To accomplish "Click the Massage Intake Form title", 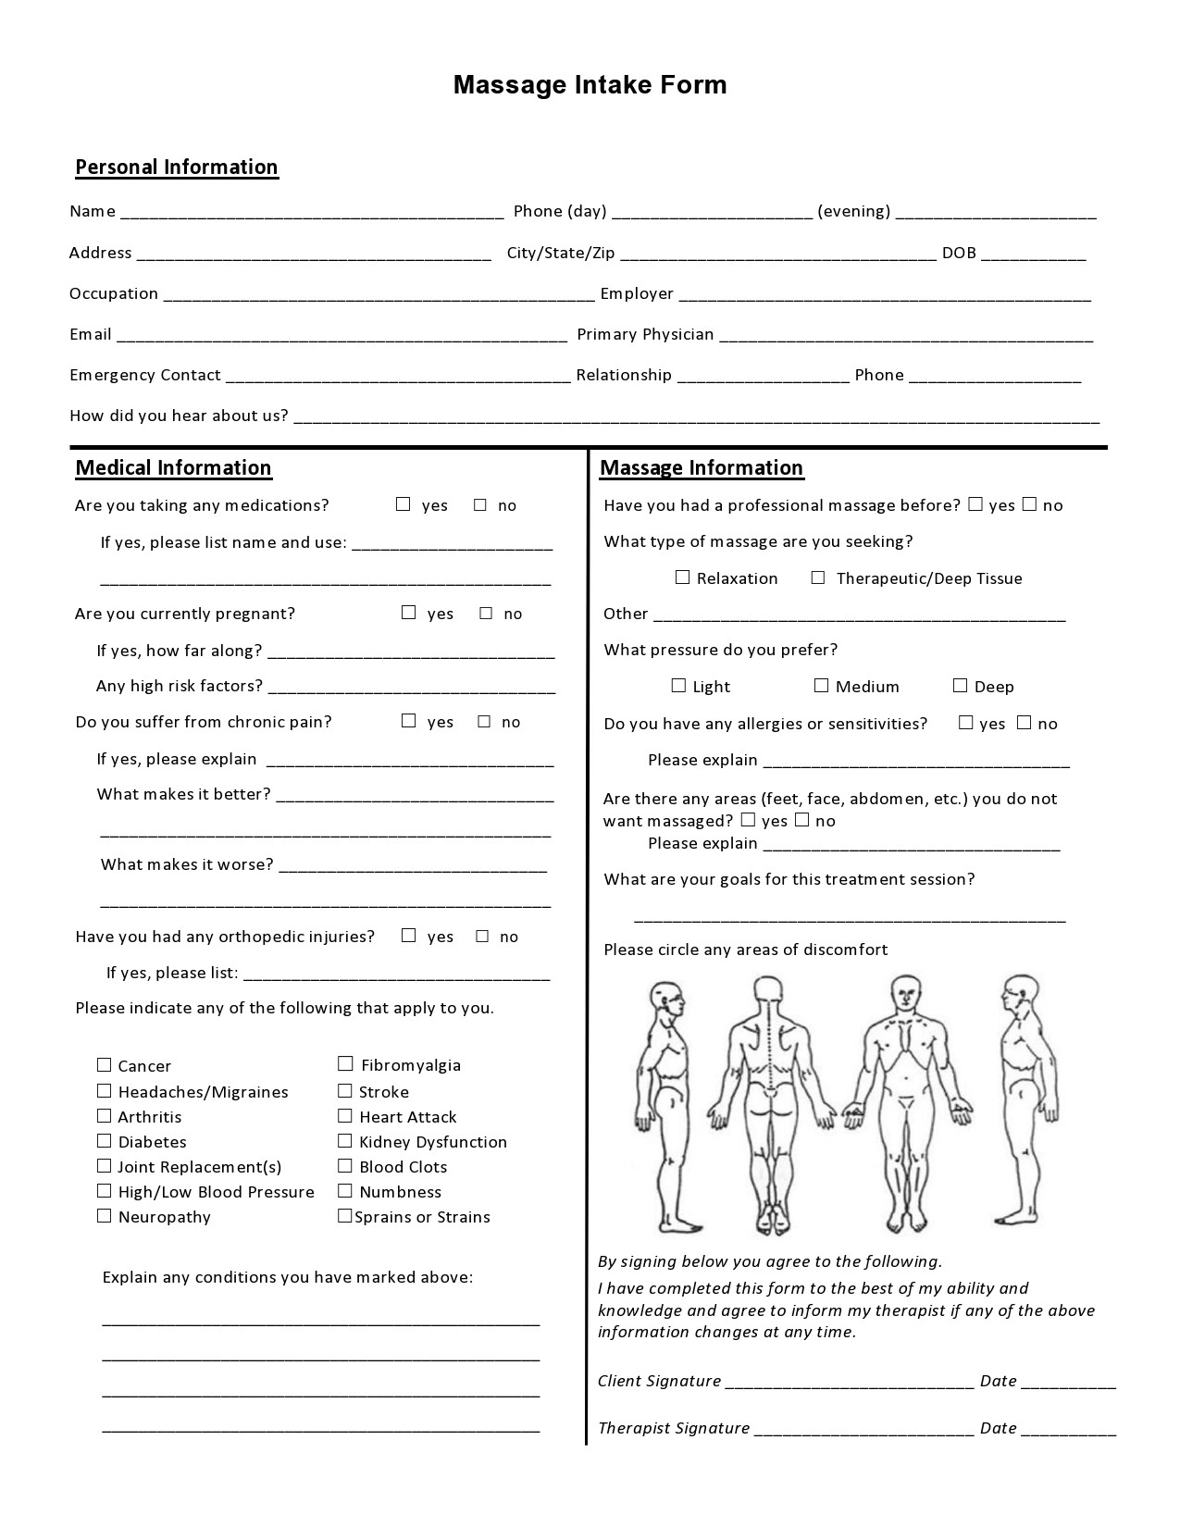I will tap(590, 85).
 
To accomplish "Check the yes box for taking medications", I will tap(403, 504).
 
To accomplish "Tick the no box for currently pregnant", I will tap(486, 613).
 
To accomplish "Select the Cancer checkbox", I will tap(104, 1065).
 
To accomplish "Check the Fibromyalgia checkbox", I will tap(345, 1064).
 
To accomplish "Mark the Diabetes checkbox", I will tap(104, 1141).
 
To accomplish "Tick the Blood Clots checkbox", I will tap(345, 1166).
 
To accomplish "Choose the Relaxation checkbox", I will tap(683, 577).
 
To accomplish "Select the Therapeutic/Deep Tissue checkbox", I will tap(818, 577).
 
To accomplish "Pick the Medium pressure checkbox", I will tap(821, 686).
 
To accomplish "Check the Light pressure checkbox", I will tap(678, 686).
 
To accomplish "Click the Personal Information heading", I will tap(176, 168).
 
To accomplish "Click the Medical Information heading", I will tap(173, 468).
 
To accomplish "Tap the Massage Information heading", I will tap(702, 468).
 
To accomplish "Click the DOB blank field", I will tap(1033, 254).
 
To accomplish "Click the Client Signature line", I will tap(849, 1382).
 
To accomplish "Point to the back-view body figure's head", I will tap(767, 991).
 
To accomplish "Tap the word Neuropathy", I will tap(164, 1217).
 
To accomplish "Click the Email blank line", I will tap(342, 335).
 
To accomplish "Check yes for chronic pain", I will tap(409, 721).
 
